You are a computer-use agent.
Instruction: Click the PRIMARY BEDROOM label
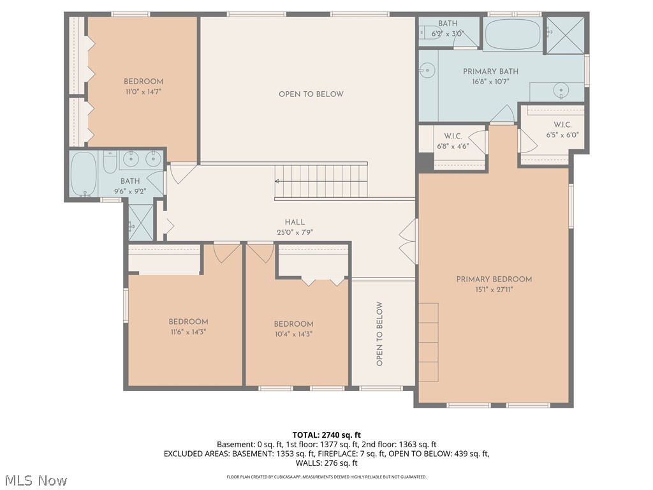494,279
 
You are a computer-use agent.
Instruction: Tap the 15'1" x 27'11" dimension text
494,289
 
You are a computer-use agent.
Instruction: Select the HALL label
295,222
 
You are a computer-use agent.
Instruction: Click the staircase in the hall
322,181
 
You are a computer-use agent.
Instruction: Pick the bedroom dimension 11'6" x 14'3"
188,332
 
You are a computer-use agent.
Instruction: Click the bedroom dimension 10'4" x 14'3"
293,334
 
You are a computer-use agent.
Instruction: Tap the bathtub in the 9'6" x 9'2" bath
83,173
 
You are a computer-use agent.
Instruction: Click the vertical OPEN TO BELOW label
379,334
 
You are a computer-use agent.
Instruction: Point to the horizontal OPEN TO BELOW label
311,94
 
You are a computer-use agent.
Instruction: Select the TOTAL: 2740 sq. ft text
326,434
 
